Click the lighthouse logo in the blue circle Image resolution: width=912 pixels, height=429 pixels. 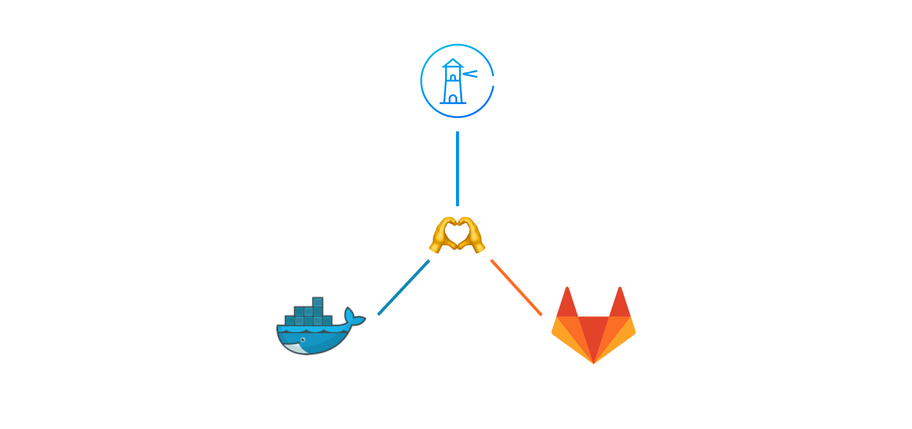[457, 81]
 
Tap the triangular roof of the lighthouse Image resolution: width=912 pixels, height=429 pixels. [452, 63]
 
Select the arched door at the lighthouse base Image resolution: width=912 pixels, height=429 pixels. [453, 99]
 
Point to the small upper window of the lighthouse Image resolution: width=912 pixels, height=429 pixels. [453, 77]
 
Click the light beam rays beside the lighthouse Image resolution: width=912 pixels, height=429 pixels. [470, 74]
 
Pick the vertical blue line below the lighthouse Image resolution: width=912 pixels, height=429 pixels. [457, 169]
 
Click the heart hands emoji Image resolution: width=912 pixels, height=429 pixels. [457, 234]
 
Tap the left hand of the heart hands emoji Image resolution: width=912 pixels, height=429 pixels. [443, 235]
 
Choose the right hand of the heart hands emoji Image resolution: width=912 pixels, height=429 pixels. [472, 235]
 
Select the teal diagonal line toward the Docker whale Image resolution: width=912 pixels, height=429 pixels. [404, 287]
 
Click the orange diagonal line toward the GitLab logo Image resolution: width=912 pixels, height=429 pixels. [516, 287]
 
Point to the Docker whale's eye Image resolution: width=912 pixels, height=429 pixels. [303, 340]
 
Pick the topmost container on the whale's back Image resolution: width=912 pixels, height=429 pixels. [317, 302]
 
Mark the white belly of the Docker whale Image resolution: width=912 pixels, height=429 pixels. [295, 349]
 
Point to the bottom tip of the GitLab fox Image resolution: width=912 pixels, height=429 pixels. [593, 361]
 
